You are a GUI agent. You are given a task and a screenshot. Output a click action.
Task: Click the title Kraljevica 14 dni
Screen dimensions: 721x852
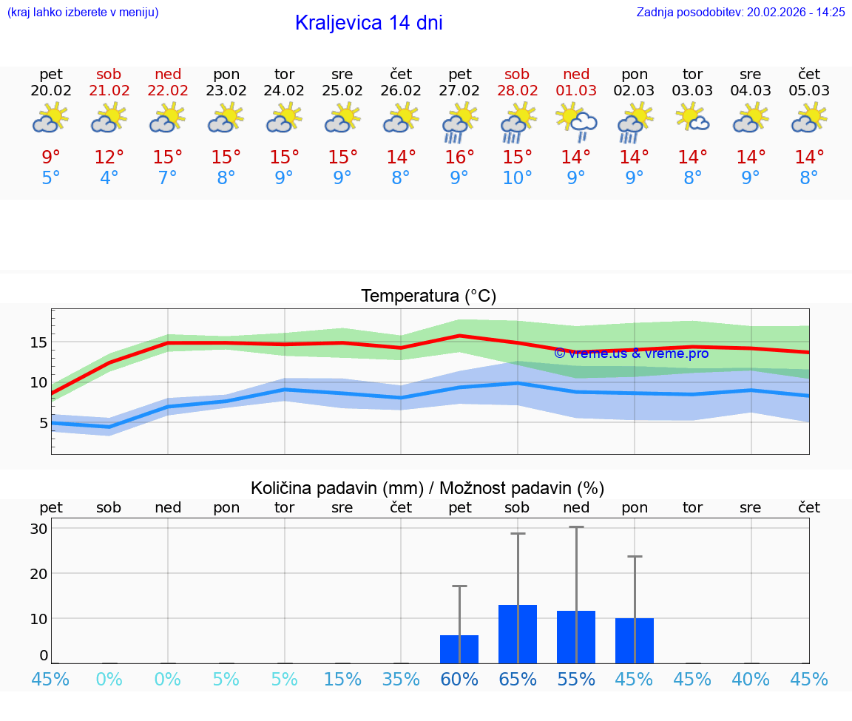tap(368, 23)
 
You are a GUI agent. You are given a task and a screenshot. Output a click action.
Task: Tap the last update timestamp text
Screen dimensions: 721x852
tap(740, 12)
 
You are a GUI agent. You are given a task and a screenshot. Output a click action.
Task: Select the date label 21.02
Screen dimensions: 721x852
tap(109, 91)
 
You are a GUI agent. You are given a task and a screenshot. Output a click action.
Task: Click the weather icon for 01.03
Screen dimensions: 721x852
tap(576, 121)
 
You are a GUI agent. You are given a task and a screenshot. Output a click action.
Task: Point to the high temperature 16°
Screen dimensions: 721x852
tap(459, 158)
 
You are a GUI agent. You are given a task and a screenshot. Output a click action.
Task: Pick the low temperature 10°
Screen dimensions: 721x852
tap(517, 178)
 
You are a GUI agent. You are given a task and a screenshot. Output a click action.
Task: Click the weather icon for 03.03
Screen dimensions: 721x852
tap(693, 118)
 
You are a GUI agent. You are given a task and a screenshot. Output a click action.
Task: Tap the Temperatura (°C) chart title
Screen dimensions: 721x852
tap(428, 297)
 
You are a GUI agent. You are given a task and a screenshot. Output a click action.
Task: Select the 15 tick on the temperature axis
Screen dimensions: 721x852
tap(38, 342)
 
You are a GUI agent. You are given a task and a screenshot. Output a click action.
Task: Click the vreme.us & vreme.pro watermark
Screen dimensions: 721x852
tap(631, 353)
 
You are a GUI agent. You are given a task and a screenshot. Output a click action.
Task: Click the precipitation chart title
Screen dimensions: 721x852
tap(427, 488)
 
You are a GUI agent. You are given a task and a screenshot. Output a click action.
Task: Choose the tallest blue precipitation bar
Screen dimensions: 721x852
tap(518, 634)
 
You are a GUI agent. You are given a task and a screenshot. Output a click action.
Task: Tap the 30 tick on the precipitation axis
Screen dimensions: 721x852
tap(38, 529)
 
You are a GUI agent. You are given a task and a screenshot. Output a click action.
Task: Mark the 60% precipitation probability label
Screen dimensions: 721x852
tap(459, 679)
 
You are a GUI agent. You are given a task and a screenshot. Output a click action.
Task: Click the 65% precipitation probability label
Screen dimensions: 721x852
tap(517, 679)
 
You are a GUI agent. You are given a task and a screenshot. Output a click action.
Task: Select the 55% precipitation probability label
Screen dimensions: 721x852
tap(576, 679)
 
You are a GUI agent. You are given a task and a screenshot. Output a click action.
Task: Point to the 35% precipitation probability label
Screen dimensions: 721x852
tap(401, 679)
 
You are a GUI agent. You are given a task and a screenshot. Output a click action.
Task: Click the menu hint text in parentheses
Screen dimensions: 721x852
tap(83, 12)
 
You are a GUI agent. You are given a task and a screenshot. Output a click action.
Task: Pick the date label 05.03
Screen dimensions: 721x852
tap(809, 91)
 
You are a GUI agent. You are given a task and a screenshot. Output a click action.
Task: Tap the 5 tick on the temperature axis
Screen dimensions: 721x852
tap(43, 423)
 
